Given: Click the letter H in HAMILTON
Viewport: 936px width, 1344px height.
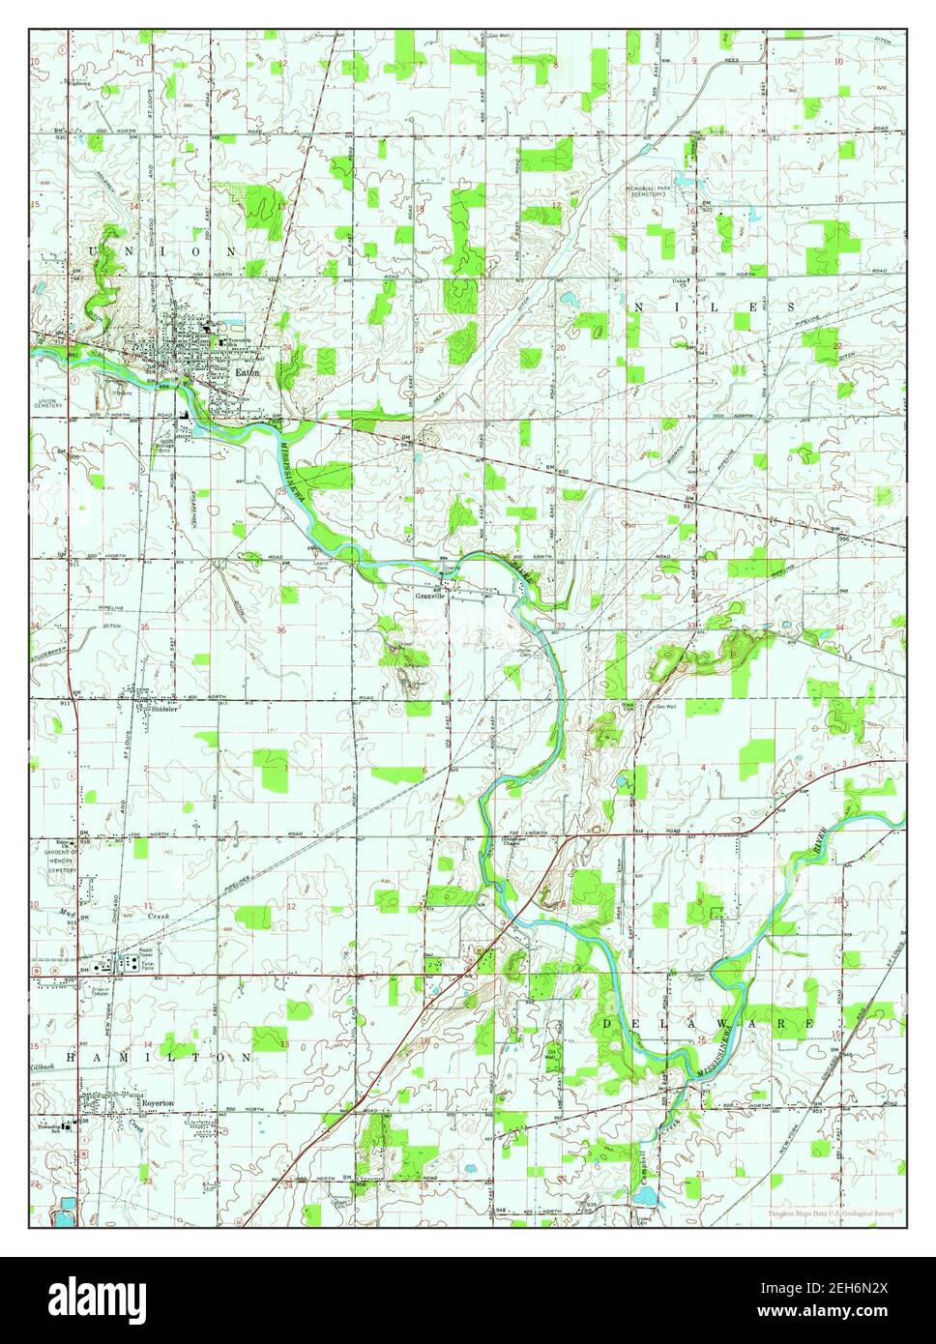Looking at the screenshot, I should pos(73,1058).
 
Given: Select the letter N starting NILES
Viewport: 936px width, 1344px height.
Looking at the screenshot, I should pos(637,306).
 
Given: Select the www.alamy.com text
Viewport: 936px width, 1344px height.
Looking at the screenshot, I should pos(851,1311).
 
